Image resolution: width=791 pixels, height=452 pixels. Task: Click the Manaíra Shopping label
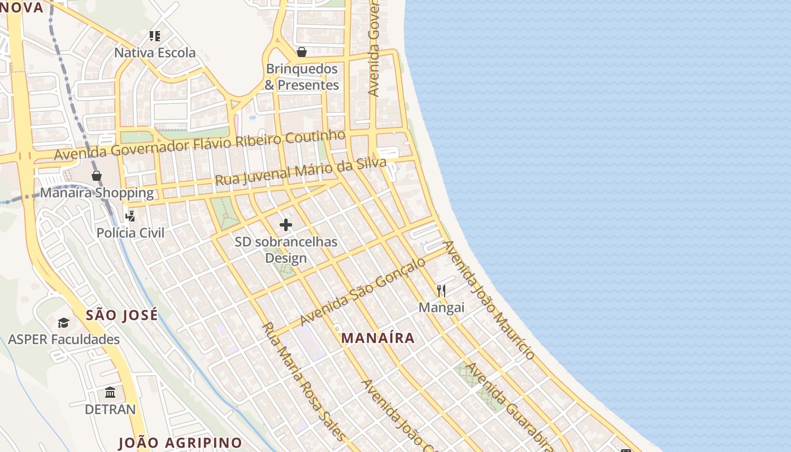[97, 193]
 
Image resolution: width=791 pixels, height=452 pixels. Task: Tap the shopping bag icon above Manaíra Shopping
[97, 176]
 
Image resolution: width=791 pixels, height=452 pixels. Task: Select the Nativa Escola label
[155, 53]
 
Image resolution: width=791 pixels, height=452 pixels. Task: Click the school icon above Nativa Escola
[155, 36]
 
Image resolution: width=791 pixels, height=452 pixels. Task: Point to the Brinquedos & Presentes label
[302, 77]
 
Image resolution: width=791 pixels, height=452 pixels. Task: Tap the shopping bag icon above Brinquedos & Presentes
[302, 52]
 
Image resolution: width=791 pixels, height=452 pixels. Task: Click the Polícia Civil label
[131, 233]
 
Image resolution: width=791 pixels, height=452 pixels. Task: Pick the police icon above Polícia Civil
[131, 216]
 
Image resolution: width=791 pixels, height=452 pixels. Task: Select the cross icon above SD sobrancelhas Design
[286, 225]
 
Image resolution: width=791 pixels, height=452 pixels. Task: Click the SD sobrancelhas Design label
[286, 250]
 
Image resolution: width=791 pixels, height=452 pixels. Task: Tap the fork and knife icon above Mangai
[441, 291]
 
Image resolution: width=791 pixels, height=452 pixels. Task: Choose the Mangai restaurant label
[441, 307]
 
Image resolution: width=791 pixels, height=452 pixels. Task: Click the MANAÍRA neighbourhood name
[378, 338]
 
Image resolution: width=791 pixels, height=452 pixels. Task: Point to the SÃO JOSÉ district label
[122, 315]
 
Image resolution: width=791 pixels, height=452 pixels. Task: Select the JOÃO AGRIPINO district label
[180, 443]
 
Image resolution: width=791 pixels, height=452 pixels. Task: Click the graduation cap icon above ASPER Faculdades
[63, 323]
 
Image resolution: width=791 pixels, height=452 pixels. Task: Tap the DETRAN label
[110, 409]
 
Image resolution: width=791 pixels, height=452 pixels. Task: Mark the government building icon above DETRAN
[110, 392]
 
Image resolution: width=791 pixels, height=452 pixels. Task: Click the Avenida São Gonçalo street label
[363, 292]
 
